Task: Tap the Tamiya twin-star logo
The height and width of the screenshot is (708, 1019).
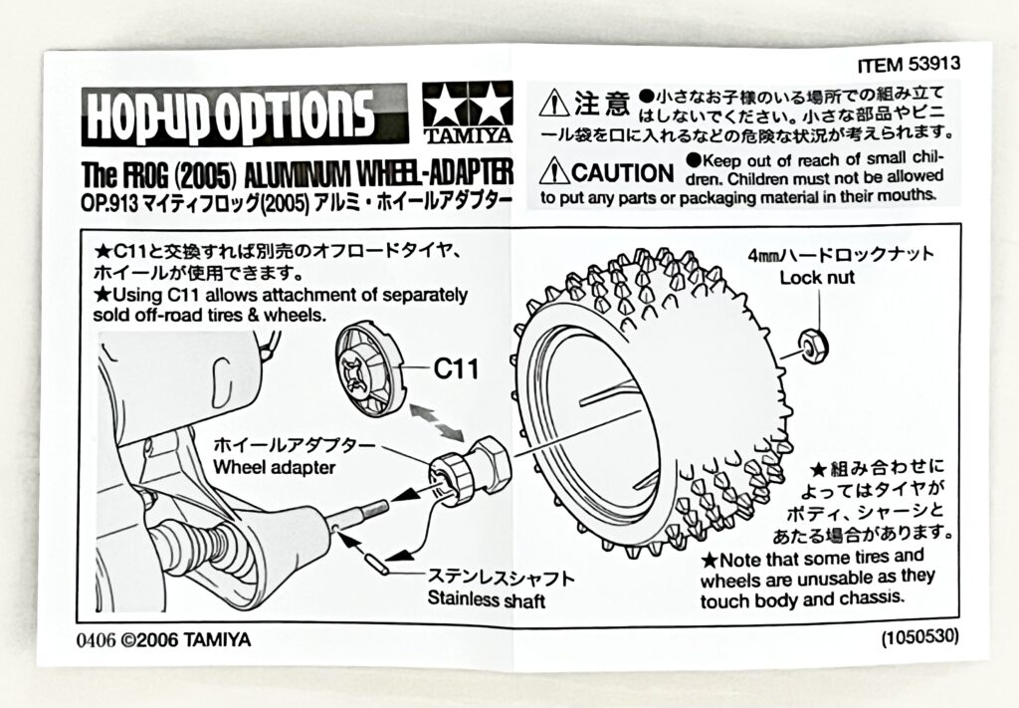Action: tap(468, 107)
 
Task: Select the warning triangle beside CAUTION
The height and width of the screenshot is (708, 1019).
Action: tap(553, 171)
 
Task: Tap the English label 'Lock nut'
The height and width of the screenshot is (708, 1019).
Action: tap(816, 278)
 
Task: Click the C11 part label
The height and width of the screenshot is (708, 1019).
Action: tap(457, 369)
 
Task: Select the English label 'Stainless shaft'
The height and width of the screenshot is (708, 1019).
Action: tap(487, 599)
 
